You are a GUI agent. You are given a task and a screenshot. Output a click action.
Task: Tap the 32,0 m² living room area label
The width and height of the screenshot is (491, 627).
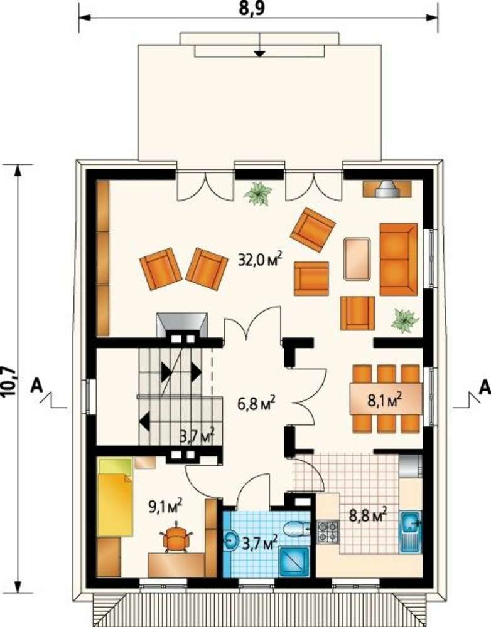[x=259, y=260]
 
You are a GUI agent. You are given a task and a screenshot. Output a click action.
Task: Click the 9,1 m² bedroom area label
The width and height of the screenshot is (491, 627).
[x=165, y=506]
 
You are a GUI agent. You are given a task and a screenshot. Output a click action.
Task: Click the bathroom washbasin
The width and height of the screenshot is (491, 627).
[x=232, y=540]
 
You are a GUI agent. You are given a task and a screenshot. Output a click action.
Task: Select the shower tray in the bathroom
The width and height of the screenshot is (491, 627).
[x=294, y=562]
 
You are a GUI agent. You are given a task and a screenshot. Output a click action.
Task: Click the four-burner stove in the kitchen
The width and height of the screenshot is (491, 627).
[x=328, y=532]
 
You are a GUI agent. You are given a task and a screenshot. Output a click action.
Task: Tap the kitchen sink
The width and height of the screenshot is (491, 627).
[x=411, y=532]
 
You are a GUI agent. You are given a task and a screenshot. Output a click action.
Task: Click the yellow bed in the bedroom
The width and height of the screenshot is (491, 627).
[x=115, y=497]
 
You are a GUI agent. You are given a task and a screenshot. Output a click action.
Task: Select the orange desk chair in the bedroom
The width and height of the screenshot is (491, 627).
[x=176, y=537]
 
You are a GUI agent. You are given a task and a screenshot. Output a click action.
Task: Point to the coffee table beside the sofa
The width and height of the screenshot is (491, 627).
[x=357, y=259]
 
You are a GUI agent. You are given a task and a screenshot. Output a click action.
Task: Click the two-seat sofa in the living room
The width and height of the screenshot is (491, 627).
[x=399, y=259]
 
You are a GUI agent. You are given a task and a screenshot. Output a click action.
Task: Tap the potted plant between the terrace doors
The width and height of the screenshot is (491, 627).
[x=258, y=194]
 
